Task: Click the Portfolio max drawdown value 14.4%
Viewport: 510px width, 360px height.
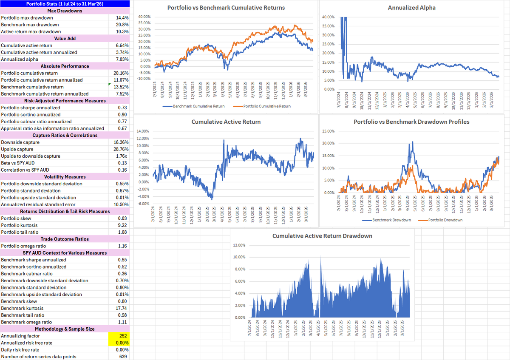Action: pyautogui.click(x=122, y=18)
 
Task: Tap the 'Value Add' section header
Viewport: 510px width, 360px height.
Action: pyautogui.click(x=65, y=39)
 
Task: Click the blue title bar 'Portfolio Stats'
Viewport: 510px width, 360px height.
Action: pyautogui.click(x=65, y=4)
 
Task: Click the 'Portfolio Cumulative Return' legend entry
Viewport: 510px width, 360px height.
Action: pyautogui.click(x=266, y=106)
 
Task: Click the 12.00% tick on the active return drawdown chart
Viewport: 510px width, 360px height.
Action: pyautogui.click(x=239, y=245)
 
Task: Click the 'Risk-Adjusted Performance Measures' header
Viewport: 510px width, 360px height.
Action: pyautogui.click(x=65, y=101)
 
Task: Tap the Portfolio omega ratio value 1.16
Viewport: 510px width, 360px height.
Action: pyautogui.click(x=122, y=246)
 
